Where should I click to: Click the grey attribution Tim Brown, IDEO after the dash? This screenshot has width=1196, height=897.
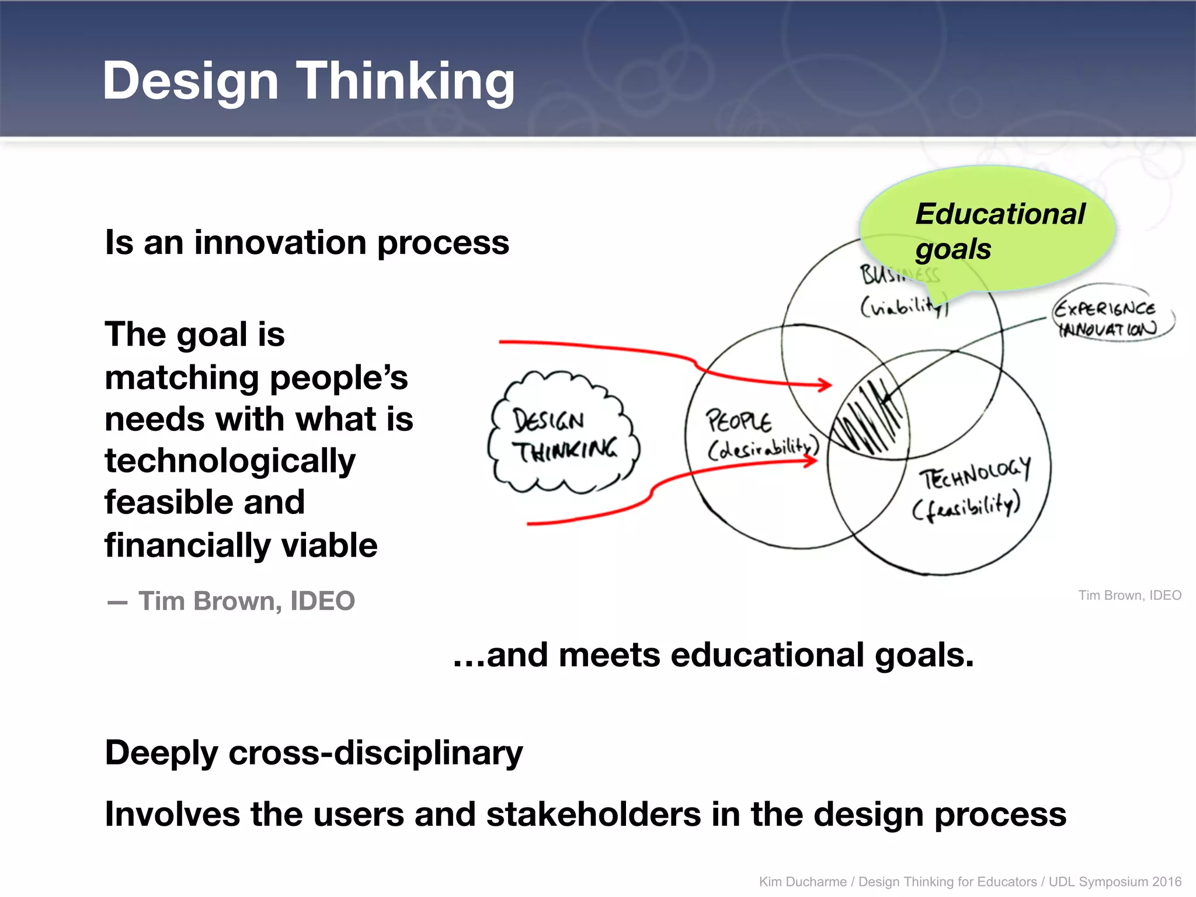pyautogui.click(x=246, y=601)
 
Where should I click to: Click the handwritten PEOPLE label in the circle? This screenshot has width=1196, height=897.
pyautogui.click(x=738, y=420)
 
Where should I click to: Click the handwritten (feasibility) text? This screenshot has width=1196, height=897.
pyautogui.click(x=966, y=506)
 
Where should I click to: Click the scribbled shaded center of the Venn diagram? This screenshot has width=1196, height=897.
pyautogui.click(x=869, y=418)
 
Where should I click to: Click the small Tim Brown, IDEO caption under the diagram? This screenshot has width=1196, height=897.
pyautogui.click(x=1129, y=595)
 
